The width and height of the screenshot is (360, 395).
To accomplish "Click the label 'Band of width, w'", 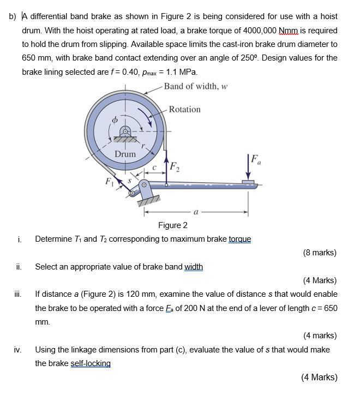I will click(196, 86).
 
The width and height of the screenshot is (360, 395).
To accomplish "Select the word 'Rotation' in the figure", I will click(184, 109).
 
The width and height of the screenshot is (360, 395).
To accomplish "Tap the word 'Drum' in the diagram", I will click(125, 154).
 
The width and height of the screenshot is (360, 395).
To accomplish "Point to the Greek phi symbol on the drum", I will click(114, 119).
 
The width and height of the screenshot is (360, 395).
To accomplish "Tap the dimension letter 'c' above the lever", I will click(155, 167).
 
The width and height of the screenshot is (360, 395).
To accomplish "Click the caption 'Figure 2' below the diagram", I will click(173, 225).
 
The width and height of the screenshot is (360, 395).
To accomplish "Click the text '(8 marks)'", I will click(320, 253).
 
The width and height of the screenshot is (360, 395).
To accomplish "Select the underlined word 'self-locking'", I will click(91, 363).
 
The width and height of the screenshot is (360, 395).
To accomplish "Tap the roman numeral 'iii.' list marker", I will click(19, 294).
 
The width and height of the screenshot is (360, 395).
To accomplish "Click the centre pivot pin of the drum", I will click(125, 131).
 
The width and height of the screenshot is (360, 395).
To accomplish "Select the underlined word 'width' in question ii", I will click(194, 267).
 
